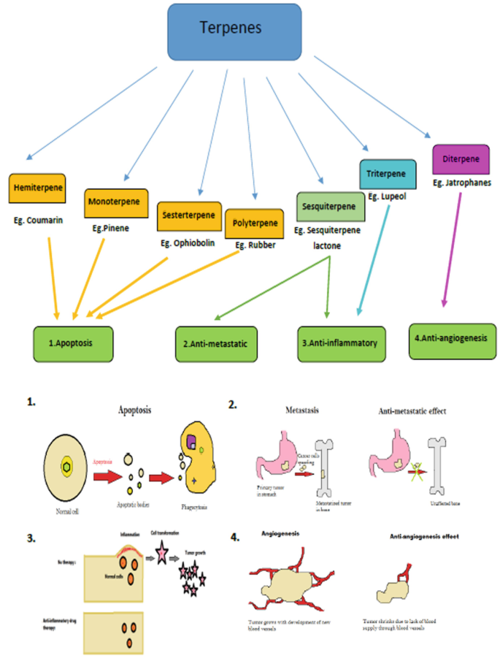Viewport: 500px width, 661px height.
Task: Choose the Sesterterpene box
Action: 190,216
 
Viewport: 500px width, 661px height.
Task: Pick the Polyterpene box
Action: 254,223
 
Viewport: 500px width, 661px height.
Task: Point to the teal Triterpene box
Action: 388,174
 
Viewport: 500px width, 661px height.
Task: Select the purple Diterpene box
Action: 461,158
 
